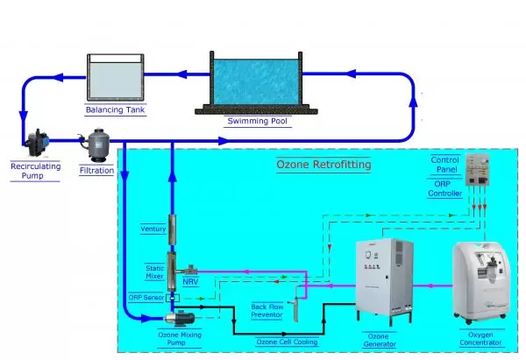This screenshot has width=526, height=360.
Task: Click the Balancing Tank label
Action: (115, 109)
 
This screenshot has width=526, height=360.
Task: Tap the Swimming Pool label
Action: (257, 121)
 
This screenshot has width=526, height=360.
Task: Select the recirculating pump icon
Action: (37, 143)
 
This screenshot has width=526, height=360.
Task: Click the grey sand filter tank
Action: (96, 145)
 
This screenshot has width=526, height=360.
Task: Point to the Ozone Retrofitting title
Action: (323, 165)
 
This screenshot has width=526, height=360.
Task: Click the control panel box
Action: (478, 170)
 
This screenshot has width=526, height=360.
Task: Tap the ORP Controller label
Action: (444, 188)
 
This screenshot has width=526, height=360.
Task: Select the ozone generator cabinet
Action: (385, 280)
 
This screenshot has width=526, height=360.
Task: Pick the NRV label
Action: (190, 282)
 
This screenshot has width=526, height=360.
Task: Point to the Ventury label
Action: (153, 229)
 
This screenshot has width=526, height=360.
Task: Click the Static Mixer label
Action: (154, 272)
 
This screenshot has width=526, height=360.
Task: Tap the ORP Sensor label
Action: (146, 297)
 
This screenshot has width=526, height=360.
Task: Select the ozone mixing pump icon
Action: (180, 318)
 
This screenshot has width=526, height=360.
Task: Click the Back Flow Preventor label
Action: (267, 311)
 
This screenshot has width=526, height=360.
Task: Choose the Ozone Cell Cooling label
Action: (287, 342)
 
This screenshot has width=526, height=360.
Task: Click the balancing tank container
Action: (116, 77)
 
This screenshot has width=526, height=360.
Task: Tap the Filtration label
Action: (96, 170)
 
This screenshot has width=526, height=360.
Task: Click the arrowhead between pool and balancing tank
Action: (181, 74)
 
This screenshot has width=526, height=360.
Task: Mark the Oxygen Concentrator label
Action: (480, 339)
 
